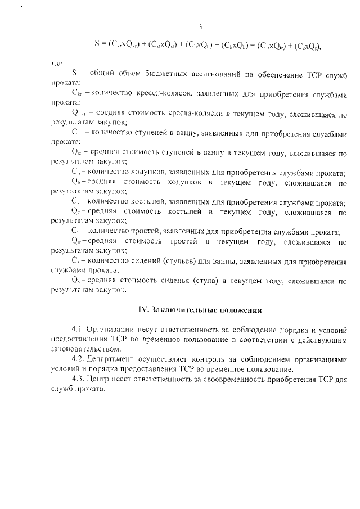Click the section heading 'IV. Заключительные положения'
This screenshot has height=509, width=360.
pos(200,309)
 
